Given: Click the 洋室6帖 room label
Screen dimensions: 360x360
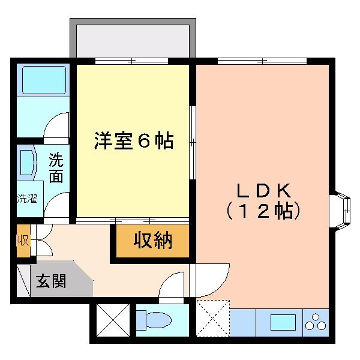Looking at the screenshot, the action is tap(134, 140).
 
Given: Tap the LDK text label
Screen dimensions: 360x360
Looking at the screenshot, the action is tap(264, 191).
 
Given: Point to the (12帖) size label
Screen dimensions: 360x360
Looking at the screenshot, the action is tap(263, 211).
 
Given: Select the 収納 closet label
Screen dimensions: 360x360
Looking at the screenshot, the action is tap(153, 241).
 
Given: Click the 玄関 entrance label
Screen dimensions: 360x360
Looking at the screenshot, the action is tap(51, 281).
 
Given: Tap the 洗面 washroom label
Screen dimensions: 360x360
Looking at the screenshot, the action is tap(56, 167).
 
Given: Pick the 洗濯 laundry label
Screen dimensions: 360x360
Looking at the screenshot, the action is tap(27, 199).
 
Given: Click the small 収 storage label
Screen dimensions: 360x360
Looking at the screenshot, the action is tap(23, 241).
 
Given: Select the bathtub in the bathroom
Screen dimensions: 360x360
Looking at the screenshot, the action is tap(44, 80).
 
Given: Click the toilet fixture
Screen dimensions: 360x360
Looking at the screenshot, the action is tap(154, 320).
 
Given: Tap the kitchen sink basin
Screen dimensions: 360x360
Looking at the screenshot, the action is tap(283, 322).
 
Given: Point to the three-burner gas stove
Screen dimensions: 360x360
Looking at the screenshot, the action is tap(316, 322).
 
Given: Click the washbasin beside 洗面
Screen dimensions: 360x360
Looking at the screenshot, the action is tap(27, 163).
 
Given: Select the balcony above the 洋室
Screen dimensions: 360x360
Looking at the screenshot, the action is tap(133, 38).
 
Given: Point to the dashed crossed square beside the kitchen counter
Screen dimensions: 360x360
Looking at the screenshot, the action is tap(213, 318).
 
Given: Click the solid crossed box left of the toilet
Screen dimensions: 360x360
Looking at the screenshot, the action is tap(113, 320).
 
